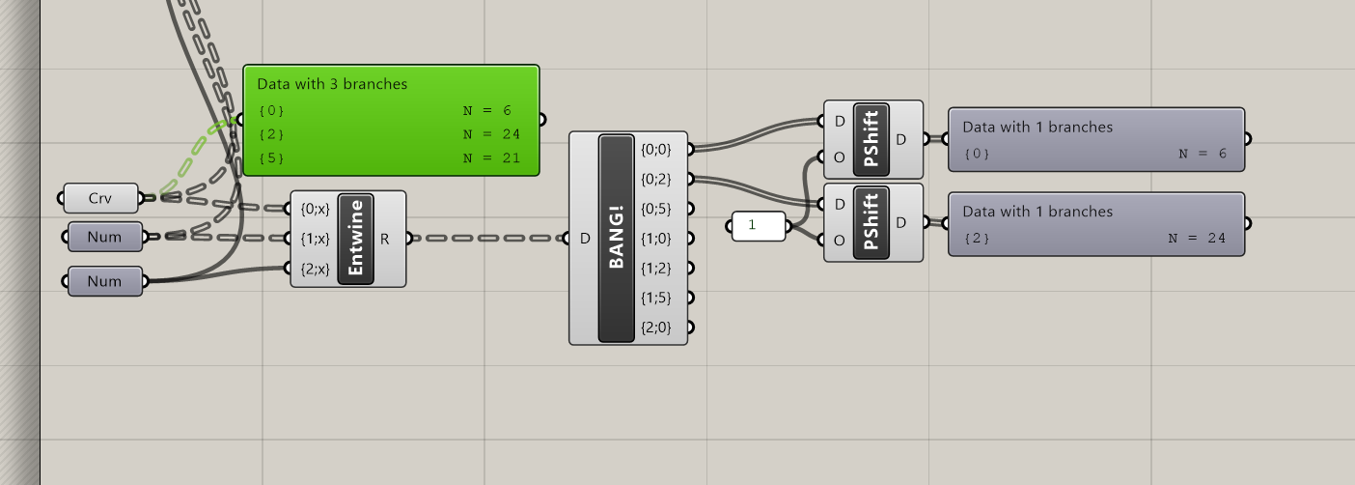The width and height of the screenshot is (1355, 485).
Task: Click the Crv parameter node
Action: point(100,198)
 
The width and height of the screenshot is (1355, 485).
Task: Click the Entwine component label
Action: point(356,239)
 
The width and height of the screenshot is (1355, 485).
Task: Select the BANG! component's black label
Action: point(617,239)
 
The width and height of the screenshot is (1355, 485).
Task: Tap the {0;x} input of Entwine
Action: point(315,208)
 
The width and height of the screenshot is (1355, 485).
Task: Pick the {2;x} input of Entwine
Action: point(315,269)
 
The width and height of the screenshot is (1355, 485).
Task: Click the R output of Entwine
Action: point(385,239)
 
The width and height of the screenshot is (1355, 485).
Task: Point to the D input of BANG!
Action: point(585,239)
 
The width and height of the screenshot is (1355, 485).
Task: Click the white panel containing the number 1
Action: point(759,227)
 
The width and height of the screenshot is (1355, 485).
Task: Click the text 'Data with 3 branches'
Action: point(332,84)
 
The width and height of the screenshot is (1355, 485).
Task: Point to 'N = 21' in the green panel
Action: point(492,157)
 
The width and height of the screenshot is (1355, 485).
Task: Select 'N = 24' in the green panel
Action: point(492,134)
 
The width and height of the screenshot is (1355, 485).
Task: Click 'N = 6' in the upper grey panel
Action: point(1203,154)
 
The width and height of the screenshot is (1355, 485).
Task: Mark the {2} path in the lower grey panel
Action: point(977,238)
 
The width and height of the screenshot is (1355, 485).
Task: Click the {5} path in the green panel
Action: point(271,157)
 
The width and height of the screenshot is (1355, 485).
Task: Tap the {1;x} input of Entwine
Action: point(315,238)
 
